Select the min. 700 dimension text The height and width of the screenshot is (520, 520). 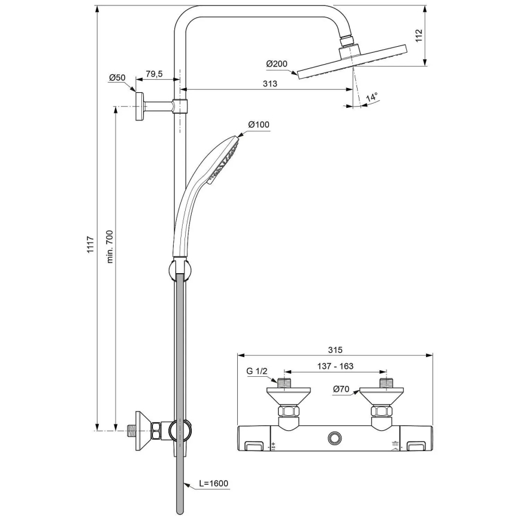(109, 247)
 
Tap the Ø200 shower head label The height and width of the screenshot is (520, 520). (276, 64)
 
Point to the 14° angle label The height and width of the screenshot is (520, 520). (372, 97)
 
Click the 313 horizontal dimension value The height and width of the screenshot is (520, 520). (270, 84)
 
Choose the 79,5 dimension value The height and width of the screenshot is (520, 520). (154, 74)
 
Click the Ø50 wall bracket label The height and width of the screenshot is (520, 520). (117, 77)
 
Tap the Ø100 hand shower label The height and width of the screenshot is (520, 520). (259, 125)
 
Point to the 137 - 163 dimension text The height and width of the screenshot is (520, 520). (335, 365)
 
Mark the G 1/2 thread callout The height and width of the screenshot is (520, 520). (256, 371)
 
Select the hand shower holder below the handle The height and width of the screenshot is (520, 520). (179, 269)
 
